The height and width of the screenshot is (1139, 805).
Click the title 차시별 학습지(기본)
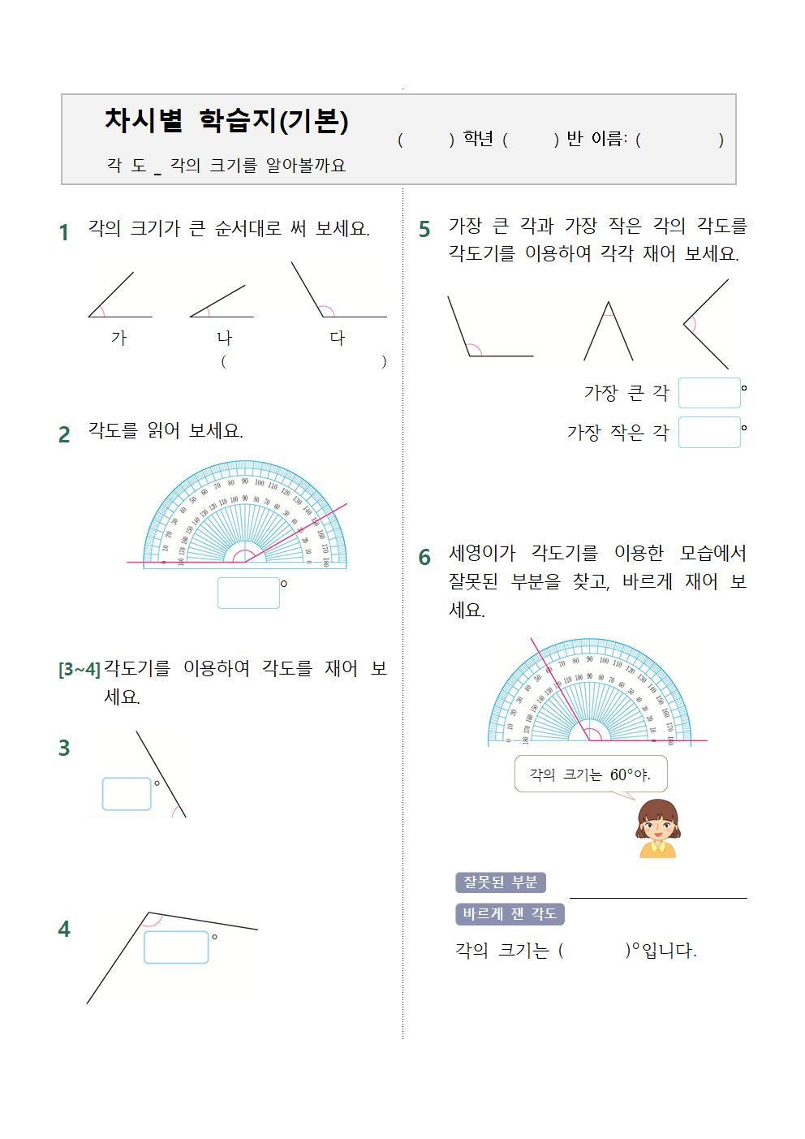(226, 121)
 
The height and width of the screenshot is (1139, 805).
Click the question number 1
(64, 233)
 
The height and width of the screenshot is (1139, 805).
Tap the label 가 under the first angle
(119, 338)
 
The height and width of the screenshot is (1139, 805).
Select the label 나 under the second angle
(224, 338)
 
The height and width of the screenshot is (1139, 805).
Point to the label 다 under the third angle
(338, 338)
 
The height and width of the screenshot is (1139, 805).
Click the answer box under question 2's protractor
(248, 593)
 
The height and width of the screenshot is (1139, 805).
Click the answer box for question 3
(127, 794)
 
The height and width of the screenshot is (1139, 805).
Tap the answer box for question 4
(176, 947)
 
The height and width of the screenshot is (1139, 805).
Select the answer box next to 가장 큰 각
(709, 393)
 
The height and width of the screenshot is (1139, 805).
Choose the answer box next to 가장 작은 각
(709, 432)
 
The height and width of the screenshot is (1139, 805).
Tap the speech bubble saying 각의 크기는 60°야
(591, 774)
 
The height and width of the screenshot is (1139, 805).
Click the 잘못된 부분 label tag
(501, 882)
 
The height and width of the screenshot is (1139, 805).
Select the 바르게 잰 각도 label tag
(510, 914)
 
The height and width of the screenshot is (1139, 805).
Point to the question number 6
(424, 558)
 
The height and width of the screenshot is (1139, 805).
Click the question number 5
(424, 230)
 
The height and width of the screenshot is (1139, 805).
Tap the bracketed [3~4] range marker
(79, 669)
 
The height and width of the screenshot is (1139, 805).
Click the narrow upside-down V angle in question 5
(608, 331)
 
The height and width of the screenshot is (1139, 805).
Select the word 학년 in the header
(478, 140)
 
